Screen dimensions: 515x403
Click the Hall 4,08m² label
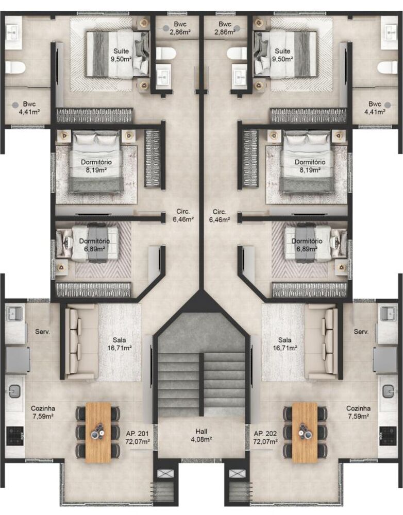201,435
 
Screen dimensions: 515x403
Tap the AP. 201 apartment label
138,438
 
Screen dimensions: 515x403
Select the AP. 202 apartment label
265,438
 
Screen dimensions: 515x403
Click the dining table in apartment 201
98,432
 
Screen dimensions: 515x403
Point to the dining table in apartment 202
305,432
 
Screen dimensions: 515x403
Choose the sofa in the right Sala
324,341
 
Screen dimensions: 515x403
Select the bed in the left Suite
117,54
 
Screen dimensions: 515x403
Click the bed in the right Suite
285,54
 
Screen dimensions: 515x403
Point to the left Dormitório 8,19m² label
96,165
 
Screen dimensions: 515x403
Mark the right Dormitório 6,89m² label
307,245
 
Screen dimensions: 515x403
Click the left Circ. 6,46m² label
183,215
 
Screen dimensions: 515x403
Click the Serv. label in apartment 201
43,332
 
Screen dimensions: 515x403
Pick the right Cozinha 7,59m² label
358,412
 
